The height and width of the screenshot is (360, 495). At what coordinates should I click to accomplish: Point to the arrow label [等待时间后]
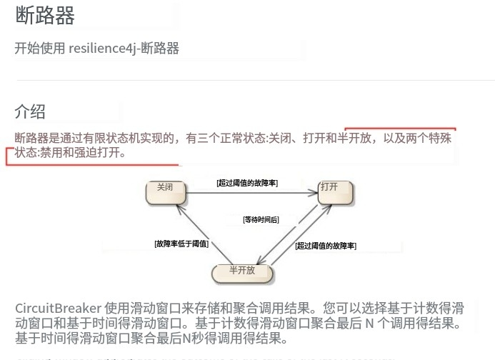261,219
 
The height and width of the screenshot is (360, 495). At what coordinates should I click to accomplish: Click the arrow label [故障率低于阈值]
181,244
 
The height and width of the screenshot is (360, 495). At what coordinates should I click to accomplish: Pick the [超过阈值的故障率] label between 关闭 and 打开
247,183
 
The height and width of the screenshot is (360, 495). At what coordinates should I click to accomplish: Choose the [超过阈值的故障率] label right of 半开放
326,246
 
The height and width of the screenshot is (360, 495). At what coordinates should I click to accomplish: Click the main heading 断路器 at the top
45,16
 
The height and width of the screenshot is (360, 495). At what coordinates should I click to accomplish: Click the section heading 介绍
30,111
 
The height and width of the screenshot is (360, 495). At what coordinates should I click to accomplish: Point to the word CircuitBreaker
58,309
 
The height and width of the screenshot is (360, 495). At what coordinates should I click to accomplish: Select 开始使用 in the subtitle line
40,49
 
